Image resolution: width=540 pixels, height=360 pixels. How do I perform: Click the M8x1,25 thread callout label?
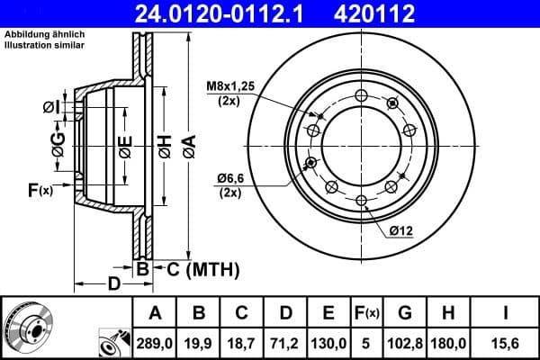point(235,87)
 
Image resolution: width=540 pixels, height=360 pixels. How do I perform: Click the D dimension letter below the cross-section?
point(113,285)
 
